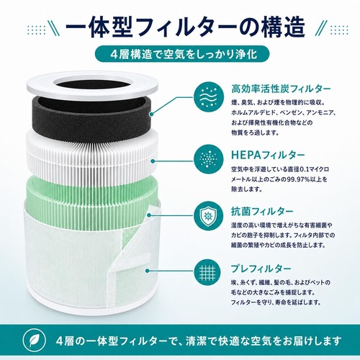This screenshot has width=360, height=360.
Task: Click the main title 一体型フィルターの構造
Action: point(185,27)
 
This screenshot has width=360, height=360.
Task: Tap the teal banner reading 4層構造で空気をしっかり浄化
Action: point(182,55)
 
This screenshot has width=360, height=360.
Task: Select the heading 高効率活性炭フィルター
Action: point(281,89)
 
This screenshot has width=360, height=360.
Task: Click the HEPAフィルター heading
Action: point(268,156)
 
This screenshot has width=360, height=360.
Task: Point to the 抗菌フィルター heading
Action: point(262,212)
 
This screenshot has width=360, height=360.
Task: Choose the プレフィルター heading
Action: point(261,269)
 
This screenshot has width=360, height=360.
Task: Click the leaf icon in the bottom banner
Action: point(35,341)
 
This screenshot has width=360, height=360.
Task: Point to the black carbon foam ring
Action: point(92,114)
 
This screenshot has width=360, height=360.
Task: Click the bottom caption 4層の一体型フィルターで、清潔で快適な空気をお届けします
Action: point(199,341)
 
